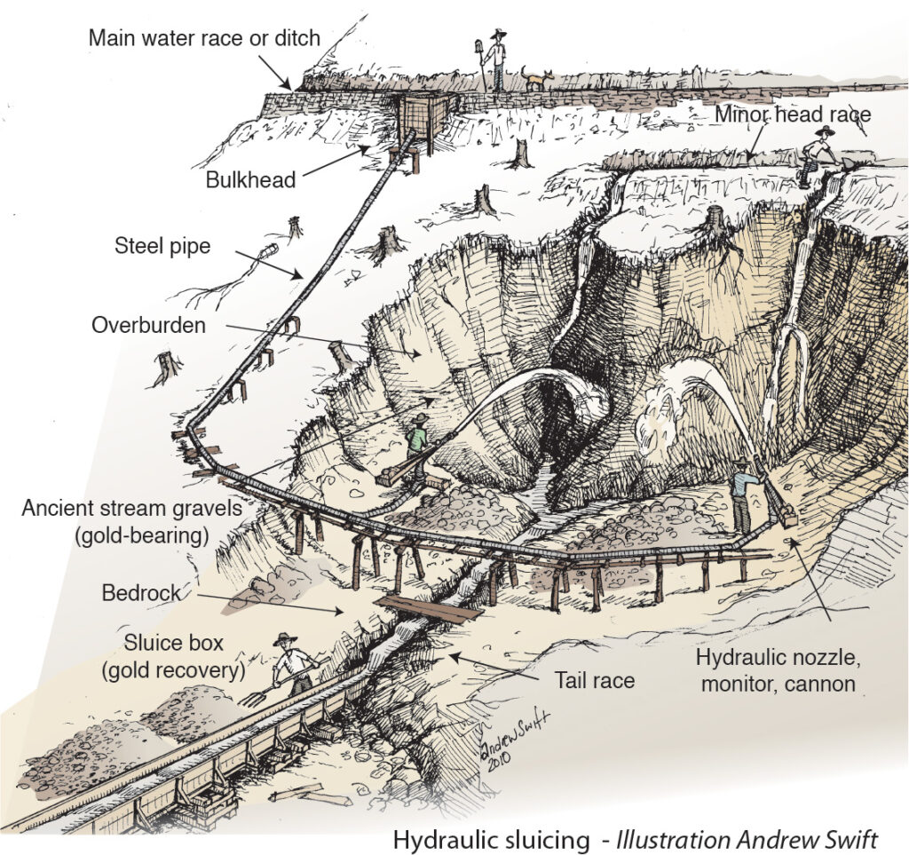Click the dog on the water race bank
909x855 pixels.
pyautogui.click(x=535, y=79)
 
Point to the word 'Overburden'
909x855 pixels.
pyautogui.click(x=148, y=325)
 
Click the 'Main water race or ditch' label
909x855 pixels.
pyautogui.click(x=204, y=38)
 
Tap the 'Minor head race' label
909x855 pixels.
pyautogui.click(x=794, y=114)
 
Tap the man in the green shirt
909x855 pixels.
pyautogui.click(x=417, y=437)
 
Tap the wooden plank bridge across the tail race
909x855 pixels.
pyautogui.click(x=429, y=609)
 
